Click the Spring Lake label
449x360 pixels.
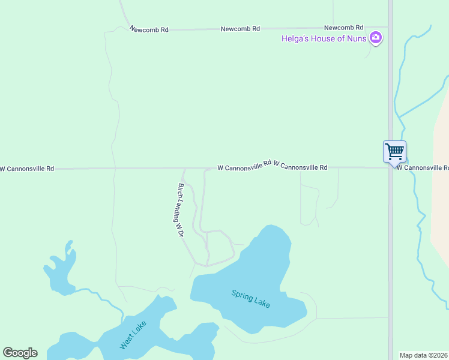(x=251, y=298)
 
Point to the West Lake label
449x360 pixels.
(x=133, y=337)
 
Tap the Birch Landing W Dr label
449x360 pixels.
(x=179, y=210)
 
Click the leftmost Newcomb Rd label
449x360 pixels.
(x=149, y=29)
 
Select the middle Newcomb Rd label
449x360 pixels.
(x=240, y=29)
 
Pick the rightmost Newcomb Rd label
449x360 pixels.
(x=344, y=28)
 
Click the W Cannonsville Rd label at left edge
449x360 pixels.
(x=27, y=169)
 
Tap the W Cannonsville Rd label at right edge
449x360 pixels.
(x=423, y=167)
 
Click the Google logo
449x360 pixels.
(x=20, y=353)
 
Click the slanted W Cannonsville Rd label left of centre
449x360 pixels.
(x=244, y=165)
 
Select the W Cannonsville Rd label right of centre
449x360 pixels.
(x=300, y=167)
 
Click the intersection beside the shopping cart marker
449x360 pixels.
(x=390, y=167)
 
